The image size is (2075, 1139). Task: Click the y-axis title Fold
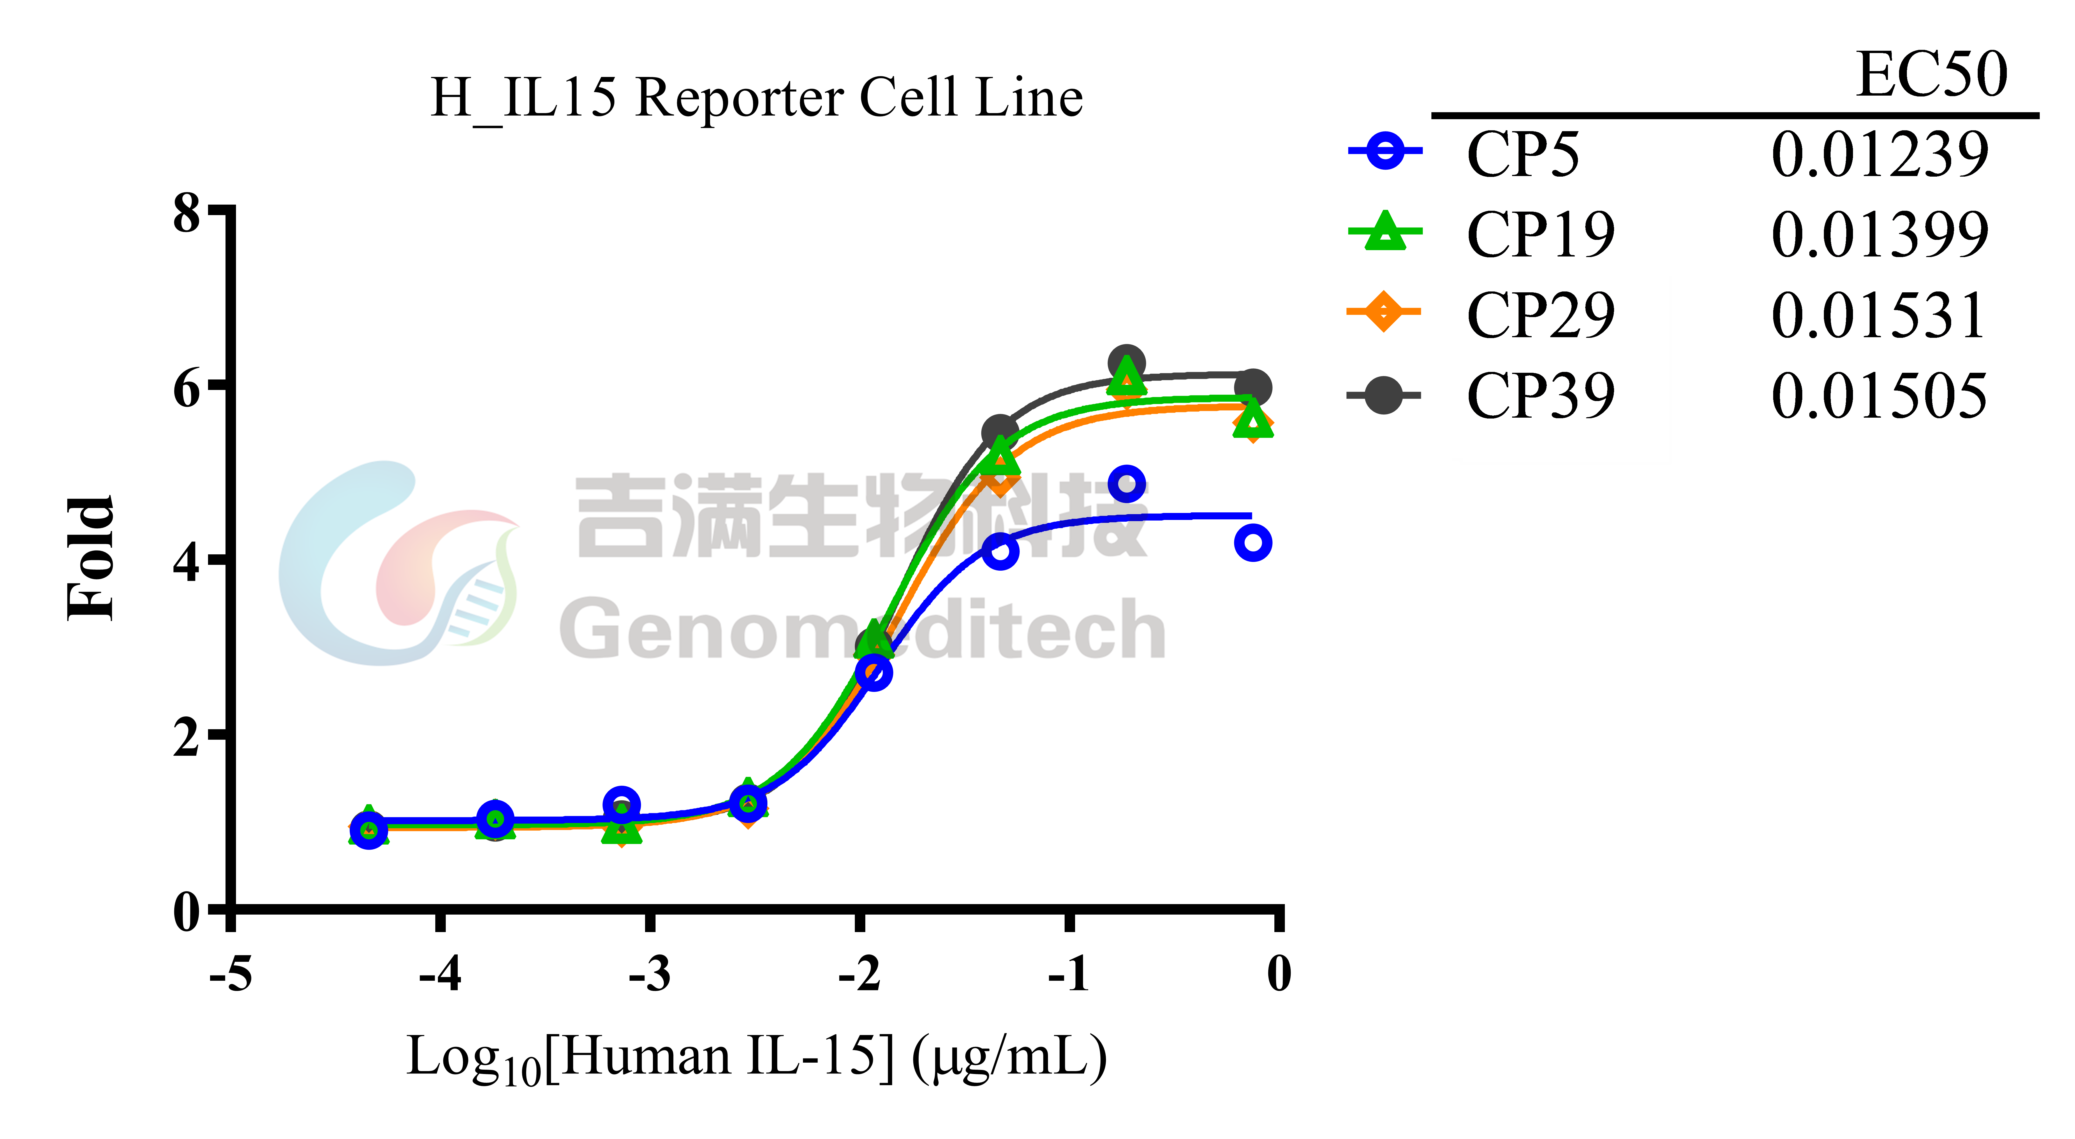pos(90,558)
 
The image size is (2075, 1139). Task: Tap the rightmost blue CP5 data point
pos(1253,543)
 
